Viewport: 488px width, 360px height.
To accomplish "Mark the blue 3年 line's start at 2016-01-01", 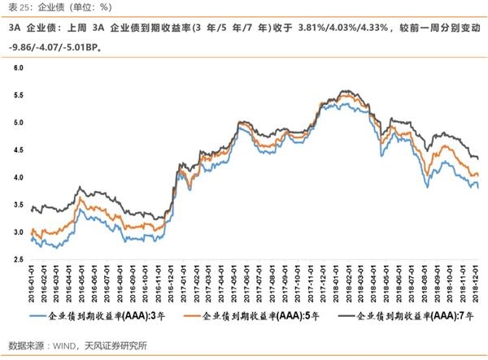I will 31,239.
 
